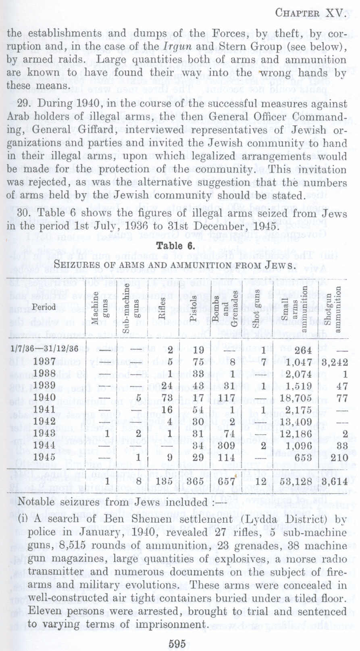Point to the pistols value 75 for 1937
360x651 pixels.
pos(198,361)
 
